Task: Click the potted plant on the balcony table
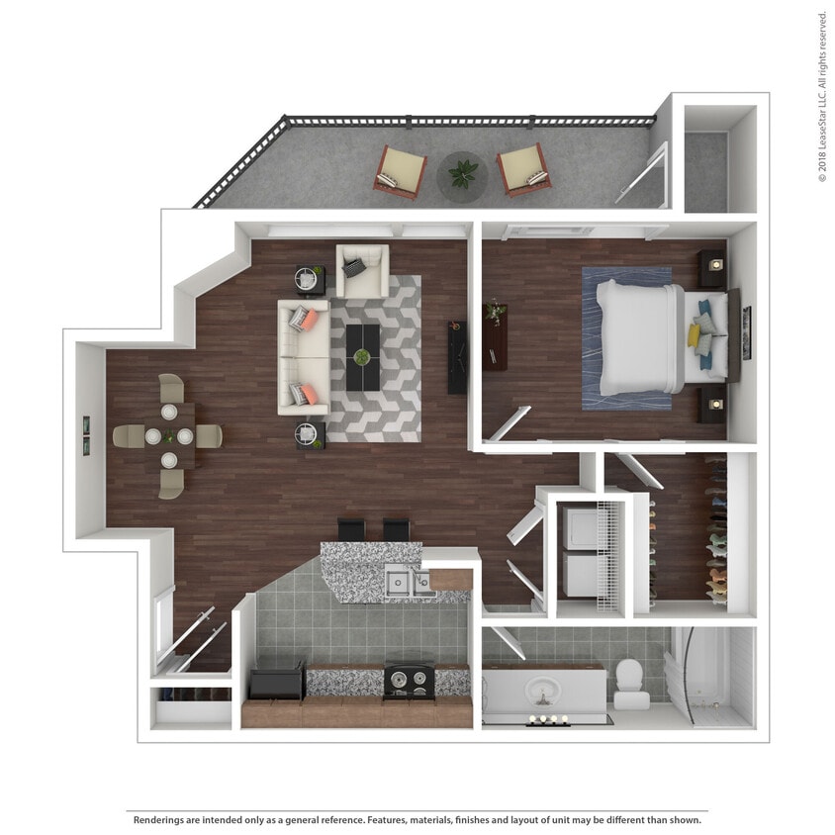coord(462,173)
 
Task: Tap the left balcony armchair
coord(400,171)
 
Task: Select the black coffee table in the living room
coord(363,356)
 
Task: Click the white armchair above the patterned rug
coord(362,271)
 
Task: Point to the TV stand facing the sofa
coord(457,357)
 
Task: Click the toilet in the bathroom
coord(630,684)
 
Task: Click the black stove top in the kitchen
coord(409,680)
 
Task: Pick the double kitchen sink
coord(408,582)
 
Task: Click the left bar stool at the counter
coord(351,529)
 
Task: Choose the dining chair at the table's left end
coord(128,435)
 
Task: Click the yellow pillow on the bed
coord(695,336)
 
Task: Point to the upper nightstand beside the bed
coord(711,267)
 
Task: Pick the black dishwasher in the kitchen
coord(276,683)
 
